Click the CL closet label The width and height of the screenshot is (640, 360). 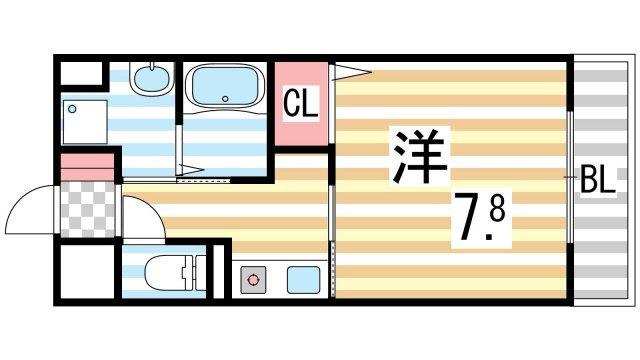pyautogui.click(x=300, y=103)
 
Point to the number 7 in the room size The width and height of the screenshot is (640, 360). pyautogui.click(x=469, y=217)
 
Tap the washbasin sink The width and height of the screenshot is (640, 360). pyautogui.click(x=152, y=78)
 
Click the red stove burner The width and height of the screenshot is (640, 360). pyautogui.click(x=253, y=280)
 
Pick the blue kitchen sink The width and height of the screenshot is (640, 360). pyautogui.click(x=303, y=280)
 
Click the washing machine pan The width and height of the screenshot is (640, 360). pyautogui.click(x=85, y=122)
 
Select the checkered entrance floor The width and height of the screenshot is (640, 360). pyautogui.click(x=88, y=210)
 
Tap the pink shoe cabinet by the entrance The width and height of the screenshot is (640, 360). pyautogui.click(x=87, y=167)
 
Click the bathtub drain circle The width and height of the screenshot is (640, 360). pyautogui.click(x=225, y=98)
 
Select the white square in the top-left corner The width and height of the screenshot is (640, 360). pyautogui.click(x=81, y=73)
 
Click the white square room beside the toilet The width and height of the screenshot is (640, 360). pyautogui.click(x=88, y=271)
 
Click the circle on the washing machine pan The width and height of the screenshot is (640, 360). pyautogui.click(x=72, y=109)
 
